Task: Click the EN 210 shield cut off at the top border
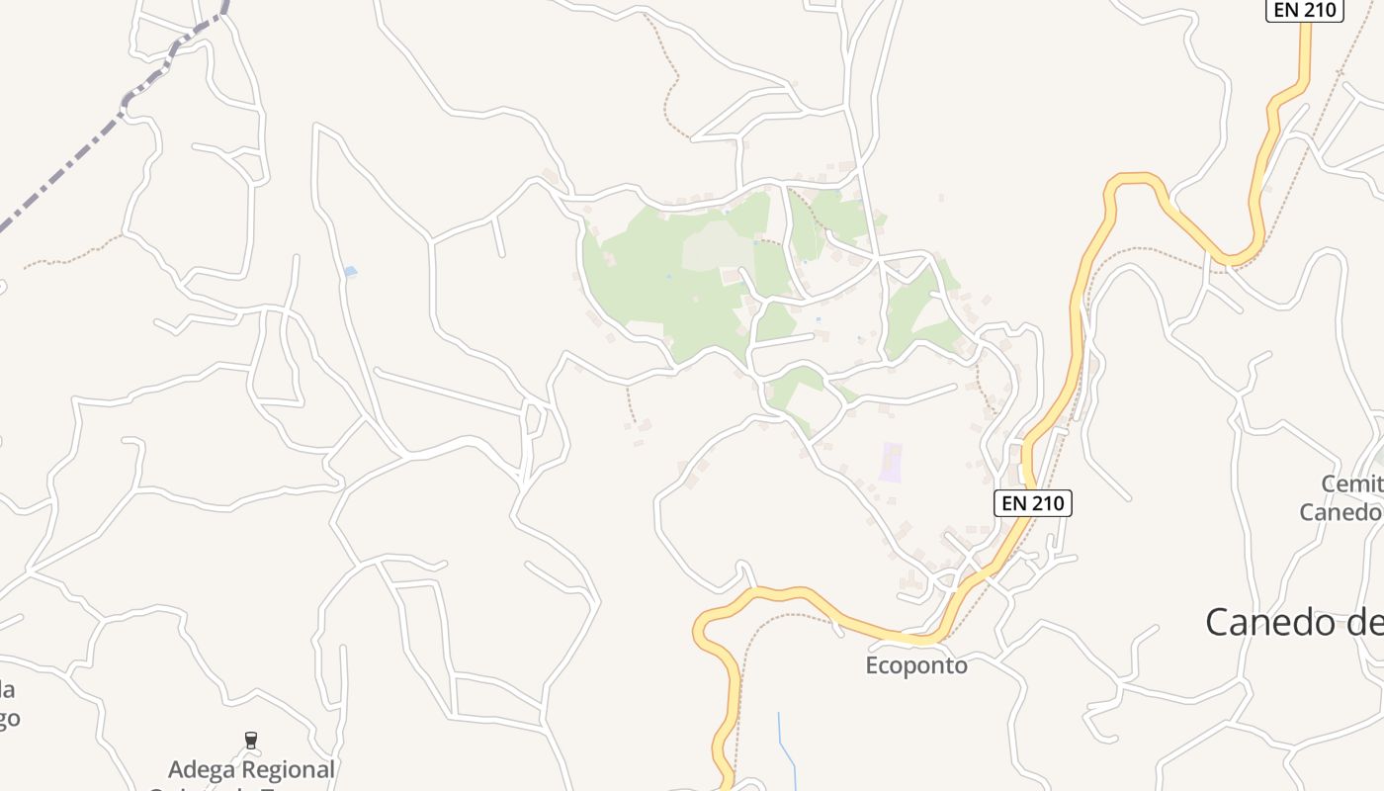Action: tap(1304, 10)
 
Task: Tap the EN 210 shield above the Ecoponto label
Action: tap(1033, 502)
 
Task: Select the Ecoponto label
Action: tap(916, 665)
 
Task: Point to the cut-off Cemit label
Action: tap(1352, 484)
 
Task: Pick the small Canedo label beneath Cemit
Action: tap(1340, 512)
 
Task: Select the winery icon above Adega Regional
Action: tap(251, 740)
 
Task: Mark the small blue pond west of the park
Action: tap(350, 271)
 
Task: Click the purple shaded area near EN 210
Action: tap(892, 463)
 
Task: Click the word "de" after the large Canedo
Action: tap(1364, 622)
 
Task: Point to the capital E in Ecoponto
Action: tap(873, 665)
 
